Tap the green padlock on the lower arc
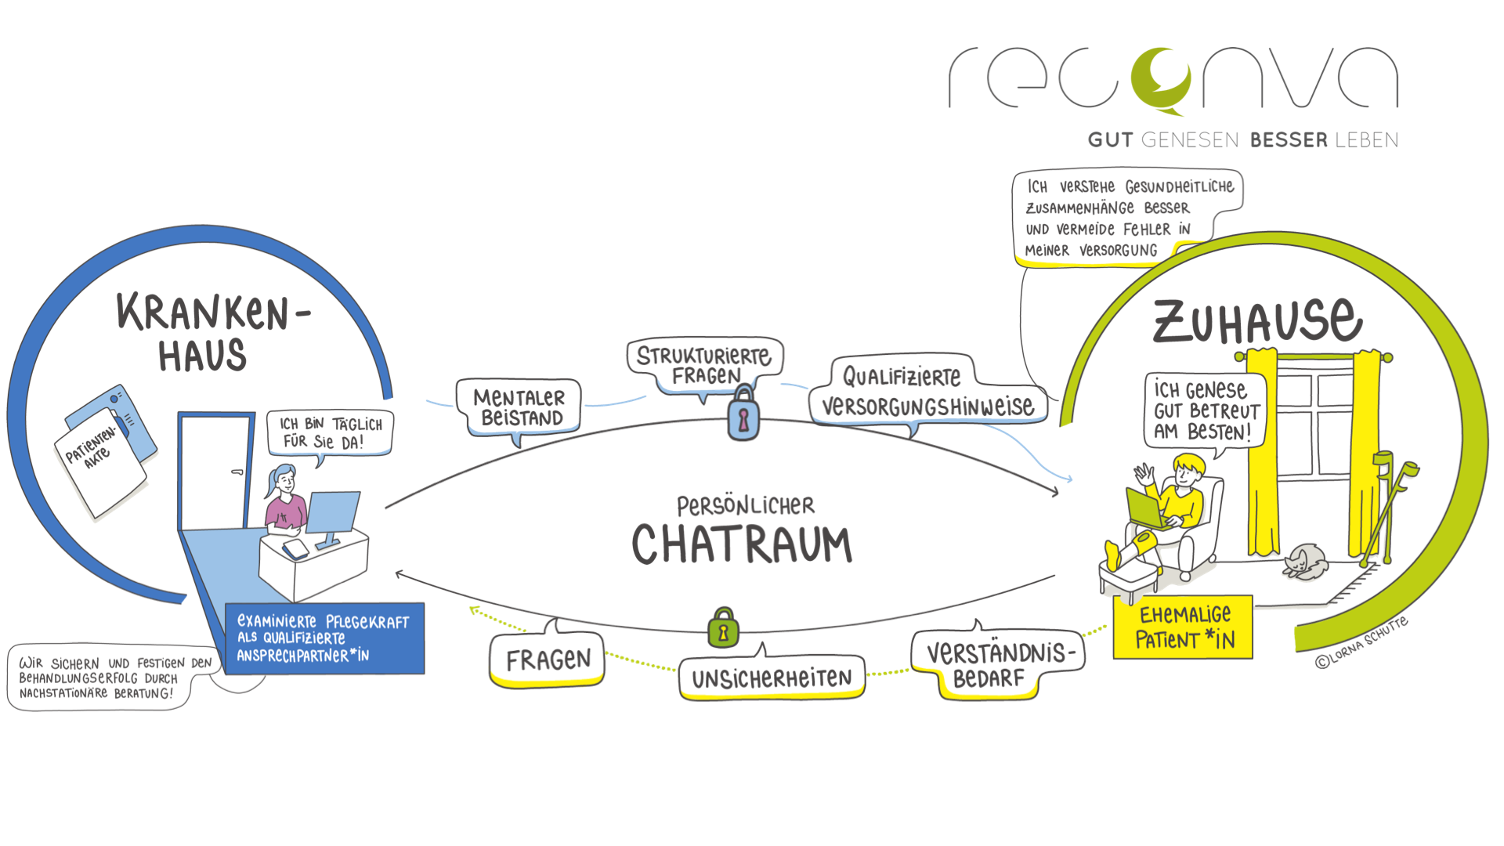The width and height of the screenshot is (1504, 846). (723, 629)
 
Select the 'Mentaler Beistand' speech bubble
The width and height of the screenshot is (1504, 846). (519, 407)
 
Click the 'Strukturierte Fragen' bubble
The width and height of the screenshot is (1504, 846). (704, 365)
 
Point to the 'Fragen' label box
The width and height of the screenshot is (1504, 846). (548, 660)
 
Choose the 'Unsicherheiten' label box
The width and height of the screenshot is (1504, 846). (772, 678)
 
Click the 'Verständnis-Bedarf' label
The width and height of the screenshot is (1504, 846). (996, 664)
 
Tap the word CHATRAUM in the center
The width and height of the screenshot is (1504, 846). (742, 544)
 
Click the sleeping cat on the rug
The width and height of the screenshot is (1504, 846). (1303, 562)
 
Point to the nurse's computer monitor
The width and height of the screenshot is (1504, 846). (333, 512)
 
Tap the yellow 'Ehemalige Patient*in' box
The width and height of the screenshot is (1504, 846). (1183, 627)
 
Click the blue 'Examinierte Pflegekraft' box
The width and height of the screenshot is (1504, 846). (324, 638)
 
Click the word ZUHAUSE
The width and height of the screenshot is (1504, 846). (1257, 321)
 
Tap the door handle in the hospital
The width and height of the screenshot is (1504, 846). (237, 472)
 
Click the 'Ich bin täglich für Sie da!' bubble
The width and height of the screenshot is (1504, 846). (331, 433)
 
